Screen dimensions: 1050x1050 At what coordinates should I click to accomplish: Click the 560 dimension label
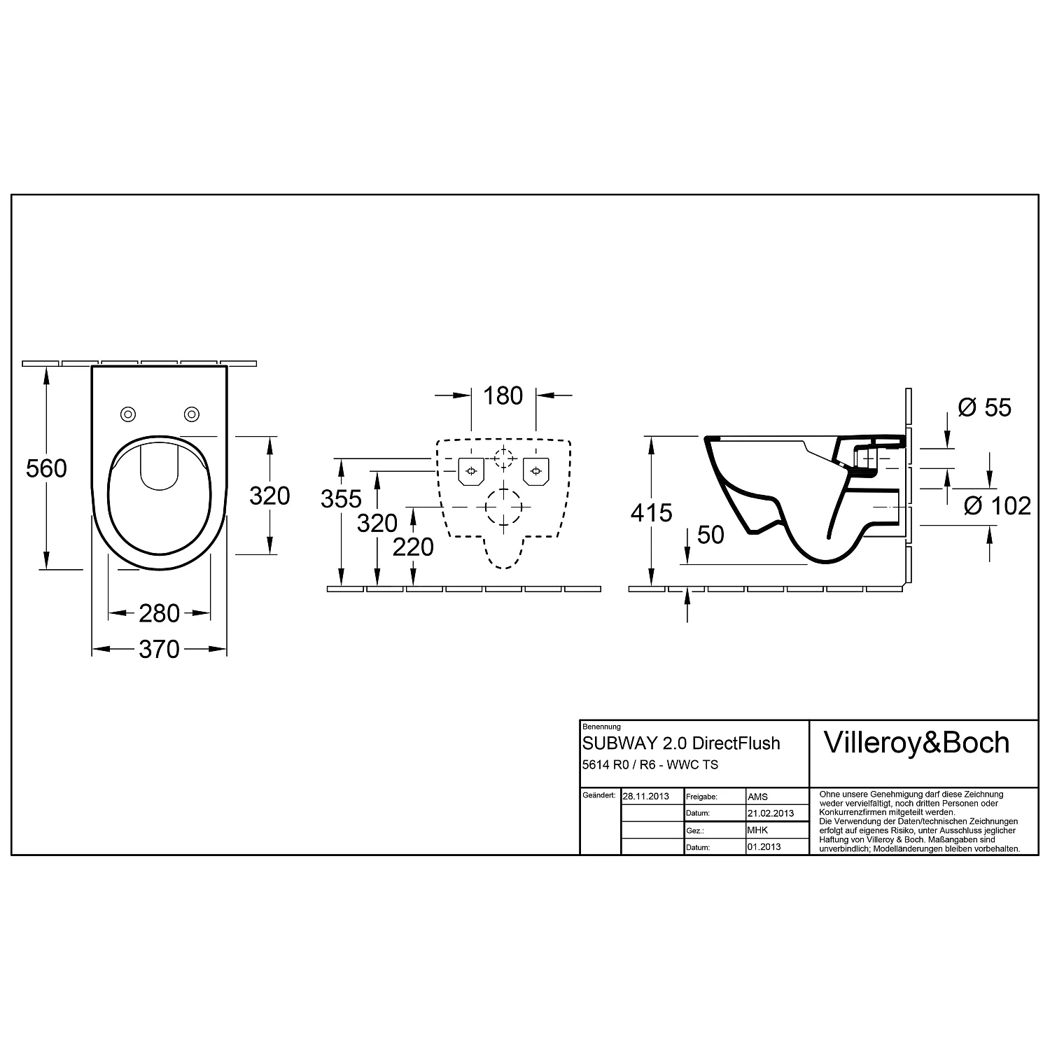pos(46,468)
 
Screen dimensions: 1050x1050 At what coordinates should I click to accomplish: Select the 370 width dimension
pos(159,650)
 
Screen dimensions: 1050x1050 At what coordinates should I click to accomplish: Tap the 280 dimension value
pos(159,614)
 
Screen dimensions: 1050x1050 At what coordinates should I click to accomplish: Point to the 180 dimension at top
pos(503,396)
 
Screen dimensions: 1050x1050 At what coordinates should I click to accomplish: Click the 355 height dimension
pos(341,499)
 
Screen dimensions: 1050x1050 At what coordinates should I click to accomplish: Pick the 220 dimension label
pos(413,547)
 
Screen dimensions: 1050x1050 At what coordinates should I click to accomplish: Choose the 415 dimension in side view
pos(651,513)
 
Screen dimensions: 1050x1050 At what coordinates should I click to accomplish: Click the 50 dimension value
pos(710,535)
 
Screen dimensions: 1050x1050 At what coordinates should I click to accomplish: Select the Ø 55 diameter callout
pos(983,407)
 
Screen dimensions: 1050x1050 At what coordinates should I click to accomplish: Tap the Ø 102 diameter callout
pos(997,505)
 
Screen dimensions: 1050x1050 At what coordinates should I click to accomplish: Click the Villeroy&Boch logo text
pos(916,743)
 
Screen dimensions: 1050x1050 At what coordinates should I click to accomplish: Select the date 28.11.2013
pos(645,797)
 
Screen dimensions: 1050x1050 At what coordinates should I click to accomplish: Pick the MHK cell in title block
pos(757,830)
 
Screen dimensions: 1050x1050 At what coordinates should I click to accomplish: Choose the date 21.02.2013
pos(770,813)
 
